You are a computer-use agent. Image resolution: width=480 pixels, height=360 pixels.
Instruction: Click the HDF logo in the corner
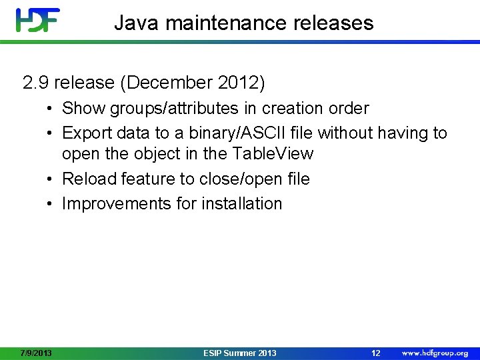pos(39,21)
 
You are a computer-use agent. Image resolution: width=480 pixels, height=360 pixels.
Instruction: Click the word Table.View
pos(271,153)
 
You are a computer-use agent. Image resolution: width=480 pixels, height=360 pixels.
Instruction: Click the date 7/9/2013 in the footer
pos(36,353)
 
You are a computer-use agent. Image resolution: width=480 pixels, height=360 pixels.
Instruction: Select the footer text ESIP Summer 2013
pos(239,353)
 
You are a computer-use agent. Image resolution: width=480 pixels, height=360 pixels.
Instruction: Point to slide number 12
pos(375,353)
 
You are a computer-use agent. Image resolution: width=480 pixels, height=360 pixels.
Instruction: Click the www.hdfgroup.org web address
pos(434,353)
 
